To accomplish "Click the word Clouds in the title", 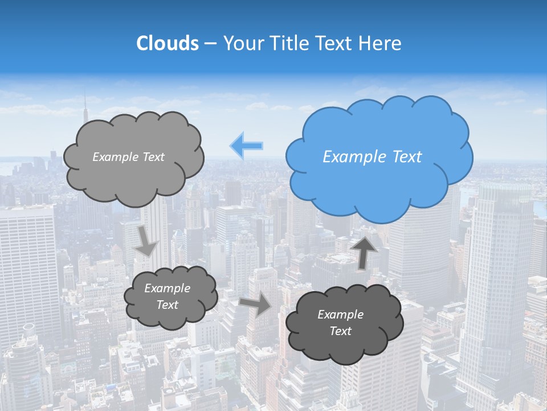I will [x=167, y=43].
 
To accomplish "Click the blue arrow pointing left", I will [x=247, y=146].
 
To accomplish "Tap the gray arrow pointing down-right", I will [x=146, y=240].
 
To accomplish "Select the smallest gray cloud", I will [x=170, y=297].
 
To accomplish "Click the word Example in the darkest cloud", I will [x=340, y=315].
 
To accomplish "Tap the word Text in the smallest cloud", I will [x=167, y=305].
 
